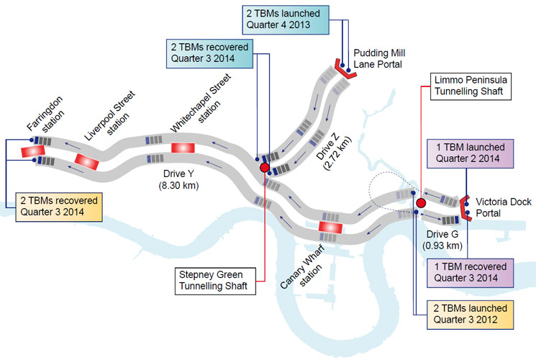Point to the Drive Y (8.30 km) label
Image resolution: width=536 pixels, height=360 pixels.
coord(178,180)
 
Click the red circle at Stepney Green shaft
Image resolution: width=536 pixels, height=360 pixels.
coord(264,168)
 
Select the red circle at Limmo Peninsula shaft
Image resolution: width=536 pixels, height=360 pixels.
coord(421,204)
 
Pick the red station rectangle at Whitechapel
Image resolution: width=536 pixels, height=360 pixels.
coord(183,148)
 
